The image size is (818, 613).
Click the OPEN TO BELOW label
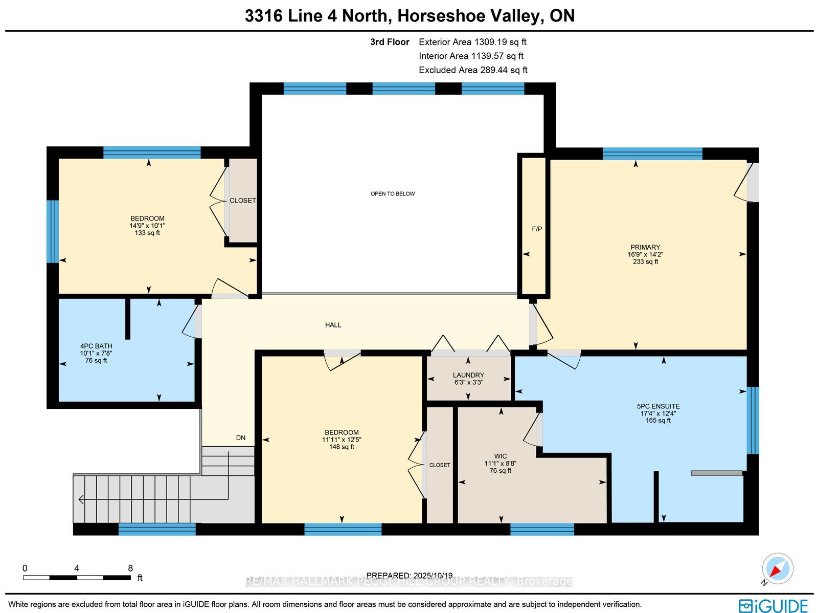click(x=393, y=193)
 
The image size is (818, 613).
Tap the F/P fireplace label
click(x=537, y=229)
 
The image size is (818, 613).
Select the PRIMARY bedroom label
click(x=645, y=247)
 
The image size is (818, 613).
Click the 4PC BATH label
click(x=96, y=346)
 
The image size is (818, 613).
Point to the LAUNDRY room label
click(x=468, y=375)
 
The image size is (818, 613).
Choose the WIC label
click(x=501, y=456)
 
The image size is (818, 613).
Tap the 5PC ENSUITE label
click(x=658, y=406)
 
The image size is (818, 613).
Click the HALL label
click(x=333, y=325)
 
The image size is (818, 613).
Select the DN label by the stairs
click(x=241, y=438)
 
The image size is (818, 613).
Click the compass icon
click(x=778, y=568)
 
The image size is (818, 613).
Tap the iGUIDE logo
click(x=773, y=605)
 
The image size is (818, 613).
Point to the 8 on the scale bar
click(x=130, y=568)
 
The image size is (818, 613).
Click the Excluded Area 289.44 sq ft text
click(x=473, y=70)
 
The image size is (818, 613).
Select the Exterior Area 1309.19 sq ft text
click(x=472, y=42)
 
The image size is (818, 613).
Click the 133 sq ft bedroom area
click(x=147, y=233)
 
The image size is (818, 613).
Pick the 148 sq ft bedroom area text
click(x=342, y=447)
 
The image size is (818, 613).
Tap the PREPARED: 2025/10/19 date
click(x=409, y=575)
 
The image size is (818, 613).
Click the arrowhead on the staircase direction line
click(x=81, y=499)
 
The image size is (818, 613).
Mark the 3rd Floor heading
click(x=390, y=42)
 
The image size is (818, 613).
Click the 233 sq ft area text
click(x=645, y=261)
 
